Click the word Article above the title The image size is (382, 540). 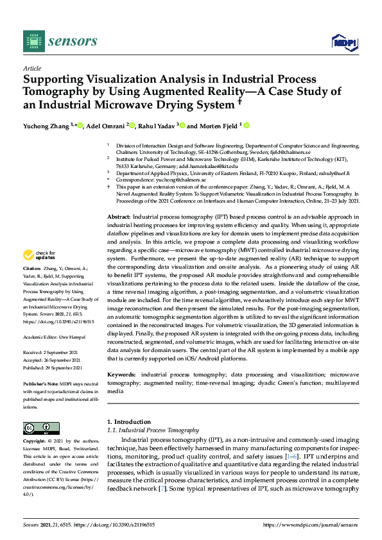click(31, 69)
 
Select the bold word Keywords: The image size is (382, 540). click(123, 373)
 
